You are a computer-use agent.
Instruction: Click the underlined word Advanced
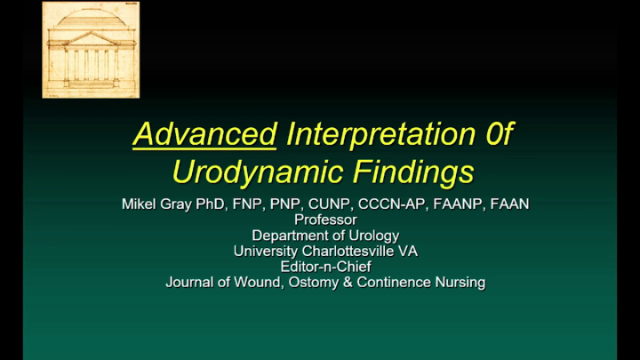coord(204,134)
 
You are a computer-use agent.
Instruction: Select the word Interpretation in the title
coord(381,134)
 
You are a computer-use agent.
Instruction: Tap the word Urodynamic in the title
coord(258,172)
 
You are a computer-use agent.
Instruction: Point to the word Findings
coord(413,172)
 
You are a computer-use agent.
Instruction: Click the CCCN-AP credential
coord(392,204)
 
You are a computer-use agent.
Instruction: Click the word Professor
coord(325,220)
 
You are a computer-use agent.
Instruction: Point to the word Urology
coord(374,236)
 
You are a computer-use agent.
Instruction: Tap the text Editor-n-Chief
coord(325,267)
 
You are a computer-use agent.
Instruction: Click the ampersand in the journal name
coord(348,283)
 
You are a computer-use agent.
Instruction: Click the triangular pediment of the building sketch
coord(91,39)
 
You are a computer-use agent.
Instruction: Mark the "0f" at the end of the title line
coord(499,134)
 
